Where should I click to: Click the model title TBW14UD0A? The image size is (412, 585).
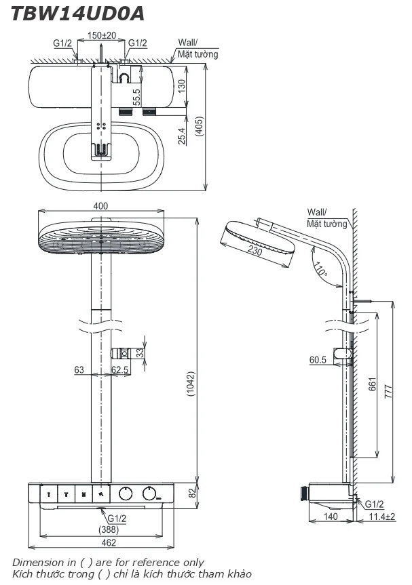(x=77, y=14)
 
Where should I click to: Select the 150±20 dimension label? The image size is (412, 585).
(x=102, y=35)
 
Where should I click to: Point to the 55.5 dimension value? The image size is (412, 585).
(x=136, y=96)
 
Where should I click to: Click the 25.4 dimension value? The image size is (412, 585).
(x=181, y=136)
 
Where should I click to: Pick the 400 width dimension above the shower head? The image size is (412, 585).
(x=100, y=205)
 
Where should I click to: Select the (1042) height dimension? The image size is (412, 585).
(x=191, y=384)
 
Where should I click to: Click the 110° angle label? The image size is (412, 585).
(x=320, y=269)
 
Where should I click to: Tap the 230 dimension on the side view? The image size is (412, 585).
(x=255, y=249)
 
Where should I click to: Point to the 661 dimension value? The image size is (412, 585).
(x=373, y=384)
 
